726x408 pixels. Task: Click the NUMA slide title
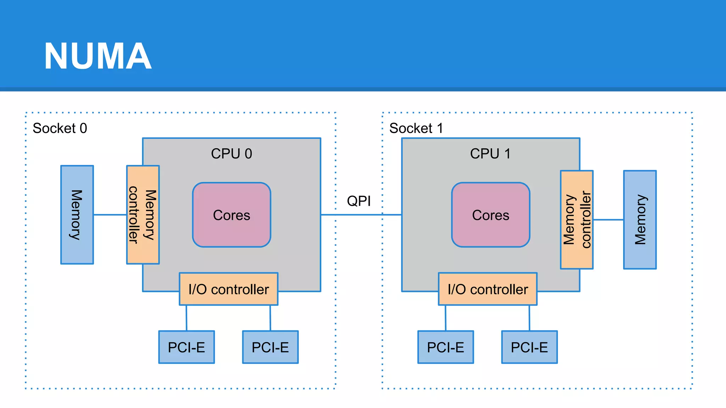click(x=98, y=56)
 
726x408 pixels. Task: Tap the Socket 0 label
click(x=60, y=128)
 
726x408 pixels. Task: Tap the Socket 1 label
click(x=416, y=128)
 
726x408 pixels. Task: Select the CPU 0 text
click(x=231, y=154)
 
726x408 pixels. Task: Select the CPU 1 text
click(x=490, y=154)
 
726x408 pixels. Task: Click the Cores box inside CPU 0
click(x=231, y=215)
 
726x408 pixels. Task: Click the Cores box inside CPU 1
click(x=491, y=215)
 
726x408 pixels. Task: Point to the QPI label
click(x=359, y=201)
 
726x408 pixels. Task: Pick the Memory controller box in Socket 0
click(x=143, y=215)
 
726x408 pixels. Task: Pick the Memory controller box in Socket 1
click(x=577, y=220)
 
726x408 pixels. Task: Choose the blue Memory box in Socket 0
click(x=77, y=215)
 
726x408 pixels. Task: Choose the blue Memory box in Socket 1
click(x=640, y=220)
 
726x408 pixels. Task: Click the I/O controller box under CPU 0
click(x=229, y=289)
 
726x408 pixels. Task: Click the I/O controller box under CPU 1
click(x=488, y=289)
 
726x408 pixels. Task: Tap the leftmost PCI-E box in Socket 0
click(x=186, y=347)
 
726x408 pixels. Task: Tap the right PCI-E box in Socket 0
click(x=270, y=347)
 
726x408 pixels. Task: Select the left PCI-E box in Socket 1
click(x=446, y=347)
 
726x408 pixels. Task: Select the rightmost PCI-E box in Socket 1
click(x=529, y=347)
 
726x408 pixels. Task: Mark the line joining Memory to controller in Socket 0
click(x=110, y=215)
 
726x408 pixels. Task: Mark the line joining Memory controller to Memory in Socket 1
click(x=608, y=220)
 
